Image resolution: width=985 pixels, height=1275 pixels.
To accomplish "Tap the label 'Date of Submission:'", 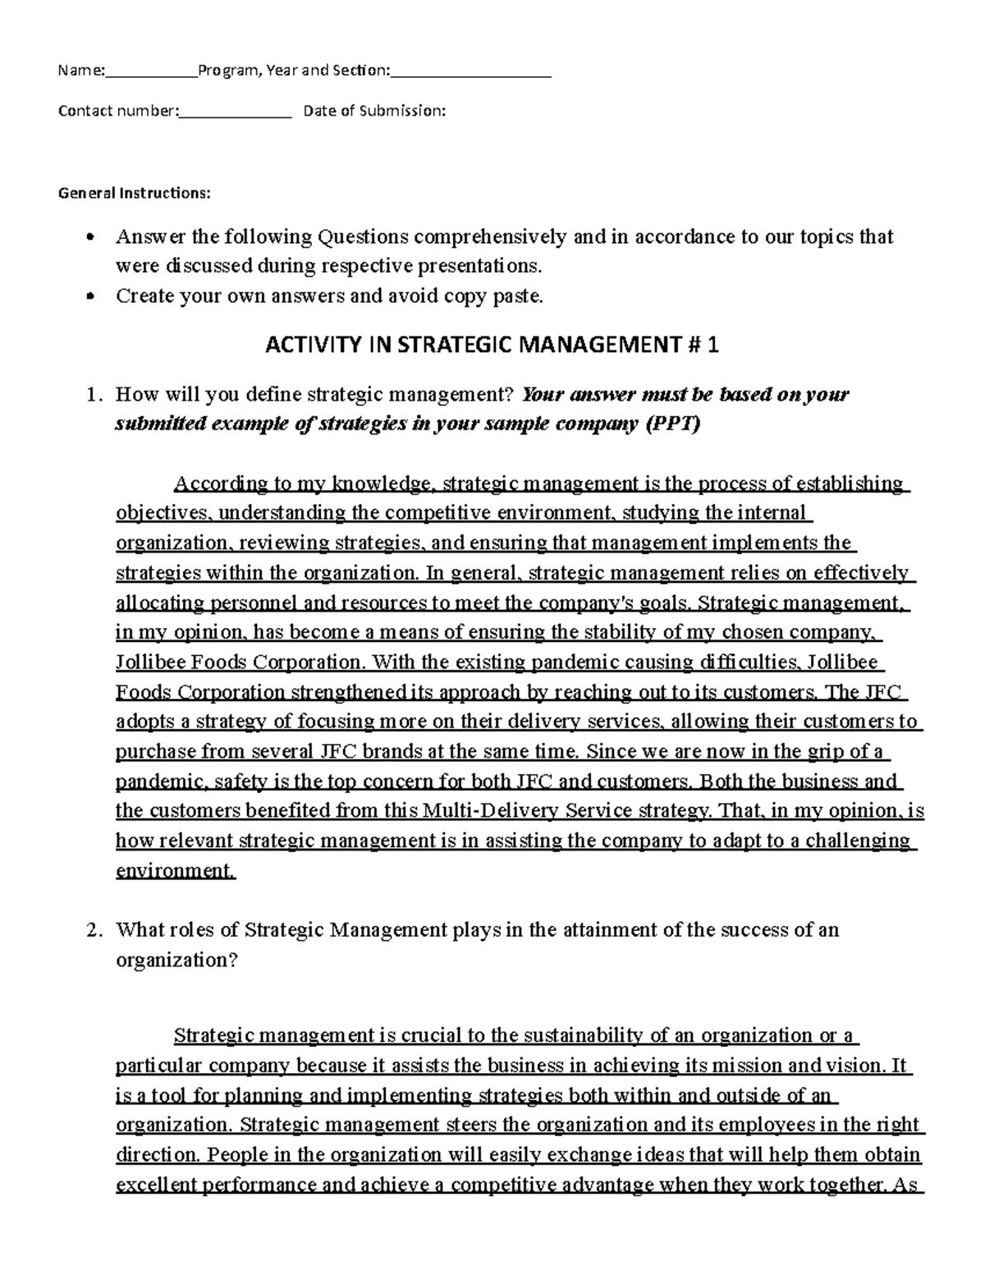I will [x=374, y=111].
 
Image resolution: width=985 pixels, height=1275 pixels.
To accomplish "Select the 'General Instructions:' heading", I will [x=134, y=194].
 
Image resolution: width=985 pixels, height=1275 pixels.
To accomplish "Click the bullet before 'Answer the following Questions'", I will [x=90, y=238].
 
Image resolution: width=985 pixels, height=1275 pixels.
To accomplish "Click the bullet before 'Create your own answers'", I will [x=90, y=297].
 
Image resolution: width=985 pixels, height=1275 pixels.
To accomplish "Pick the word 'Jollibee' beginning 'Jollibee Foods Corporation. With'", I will [x=149, y=662].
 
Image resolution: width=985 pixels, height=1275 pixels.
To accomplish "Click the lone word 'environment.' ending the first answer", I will [x=175, y=870].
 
